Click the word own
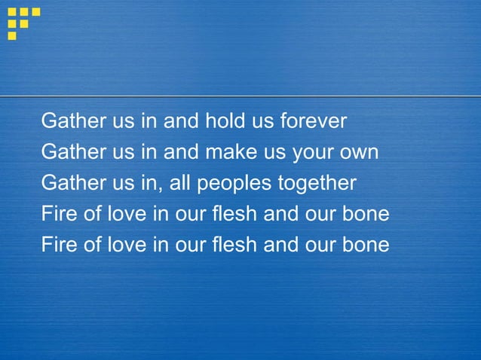360,153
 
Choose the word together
317,184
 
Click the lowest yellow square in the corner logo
12,35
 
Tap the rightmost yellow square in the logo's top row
35,12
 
